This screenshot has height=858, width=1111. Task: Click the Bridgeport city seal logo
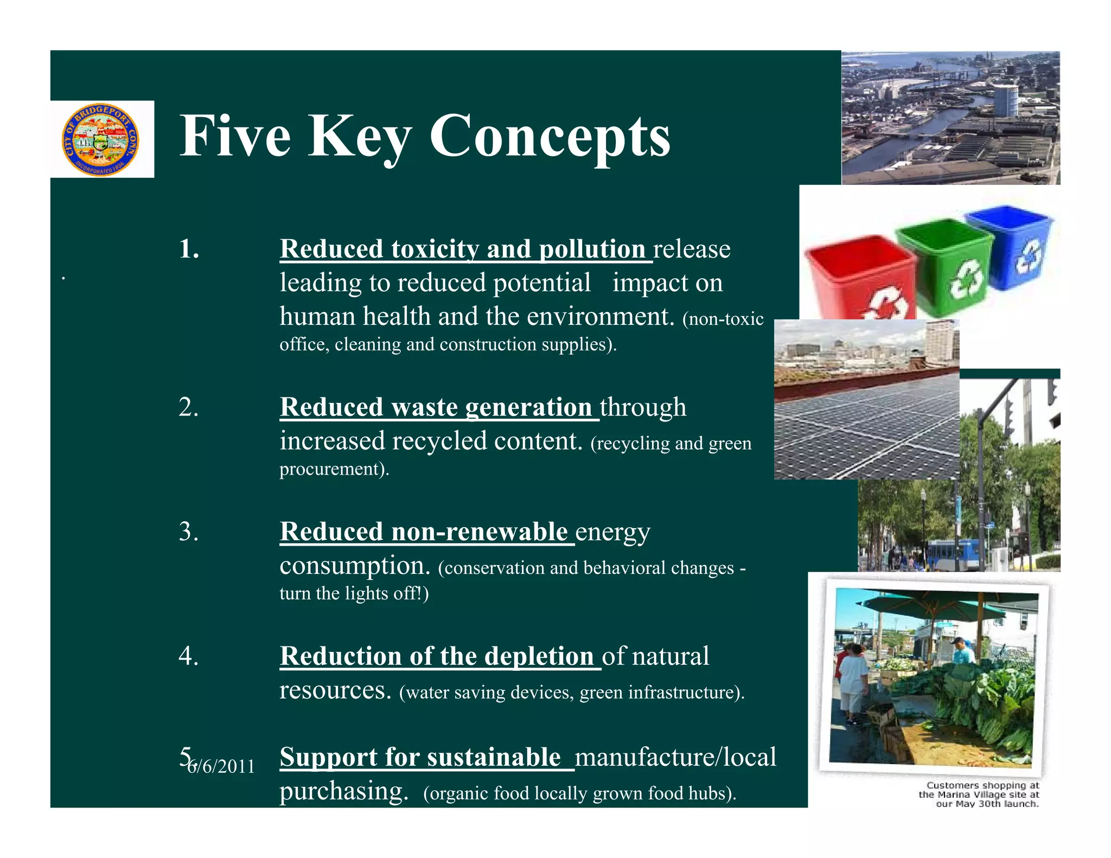[101, 139]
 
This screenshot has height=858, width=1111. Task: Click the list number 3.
[188, 532]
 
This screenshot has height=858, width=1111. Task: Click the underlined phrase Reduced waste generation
[436, 407]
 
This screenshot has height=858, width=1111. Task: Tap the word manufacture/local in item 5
[675, 757]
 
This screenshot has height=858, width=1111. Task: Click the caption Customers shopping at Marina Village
[980, 795]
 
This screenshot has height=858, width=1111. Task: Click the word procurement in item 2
[332, 469]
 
